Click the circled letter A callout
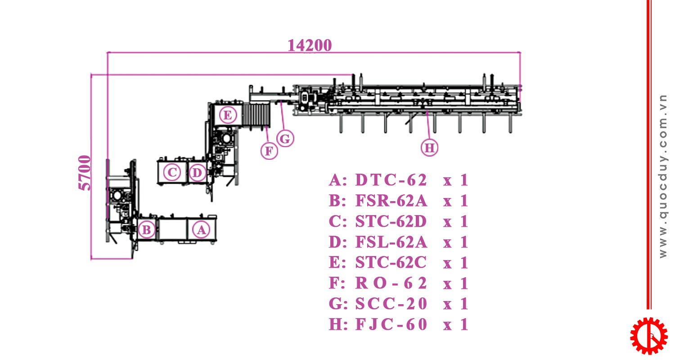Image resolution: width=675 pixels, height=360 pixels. click(201, 230)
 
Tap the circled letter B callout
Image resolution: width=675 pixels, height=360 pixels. click(146, 230)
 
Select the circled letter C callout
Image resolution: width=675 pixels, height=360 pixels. click(171, 172)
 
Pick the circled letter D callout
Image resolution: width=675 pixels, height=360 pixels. click(197, 172)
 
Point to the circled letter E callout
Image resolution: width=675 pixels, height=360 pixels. click(228, 116)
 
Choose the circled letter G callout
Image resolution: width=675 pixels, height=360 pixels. click(285, 139)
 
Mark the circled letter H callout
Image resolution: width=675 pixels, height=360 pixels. click(430, 148)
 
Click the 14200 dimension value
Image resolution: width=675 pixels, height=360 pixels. click(310, 45)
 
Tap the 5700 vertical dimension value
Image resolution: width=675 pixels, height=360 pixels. click(85, 173)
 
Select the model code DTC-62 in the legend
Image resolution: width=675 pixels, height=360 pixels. click(391, 180)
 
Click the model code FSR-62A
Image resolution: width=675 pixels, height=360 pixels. click(391, 201)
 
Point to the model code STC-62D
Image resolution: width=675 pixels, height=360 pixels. click(391, 221)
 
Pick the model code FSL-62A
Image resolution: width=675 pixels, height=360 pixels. click(391, 242)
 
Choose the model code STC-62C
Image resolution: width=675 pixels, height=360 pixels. click(391, 262)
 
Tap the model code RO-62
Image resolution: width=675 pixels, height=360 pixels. click(391, 283)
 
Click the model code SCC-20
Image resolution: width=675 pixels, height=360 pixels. click(391, 304)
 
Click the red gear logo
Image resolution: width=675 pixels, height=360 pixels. click(648, 335)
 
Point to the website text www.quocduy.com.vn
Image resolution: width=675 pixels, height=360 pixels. click(663, 176)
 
